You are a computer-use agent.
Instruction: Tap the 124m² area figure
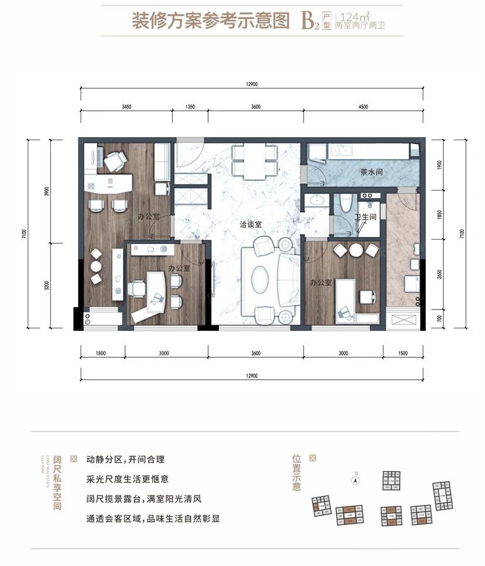click(x=353, y=16)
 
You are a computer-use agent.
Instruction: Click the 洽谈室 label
click(x=252, y=223)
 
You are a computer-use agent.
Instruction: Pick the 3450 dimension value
click(x=126, y=107)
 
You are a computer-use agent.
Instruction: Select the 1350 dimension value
click(x=191, y=107)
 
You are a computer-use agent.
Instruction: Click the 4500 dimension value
click(x=363, y=107)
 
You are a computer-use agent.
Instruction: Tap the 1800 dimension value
click(x=101, y=354)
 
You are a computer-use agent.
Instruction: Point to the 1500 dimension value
click(x=402, y=354)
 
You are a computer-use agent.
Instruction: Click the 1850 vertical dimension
click(x=439, y=212)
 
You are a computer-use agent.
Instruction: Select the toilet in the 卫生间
click(x=345, y=205)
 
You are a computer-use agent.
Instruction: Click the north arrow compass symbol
click(x=356, y=479)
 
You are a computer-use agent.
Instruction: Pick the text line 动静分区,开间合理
click(x=127, y=460)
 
